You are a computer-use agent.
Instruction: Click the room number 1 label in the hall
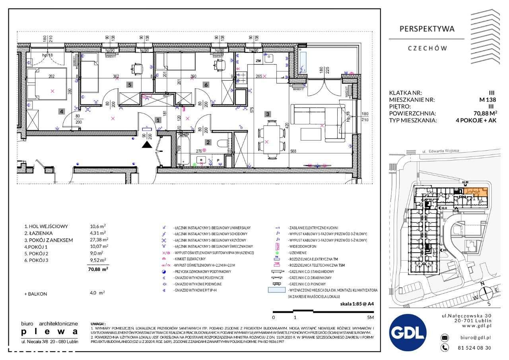158,119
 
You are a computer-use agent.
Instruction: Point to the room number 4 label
61,111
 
